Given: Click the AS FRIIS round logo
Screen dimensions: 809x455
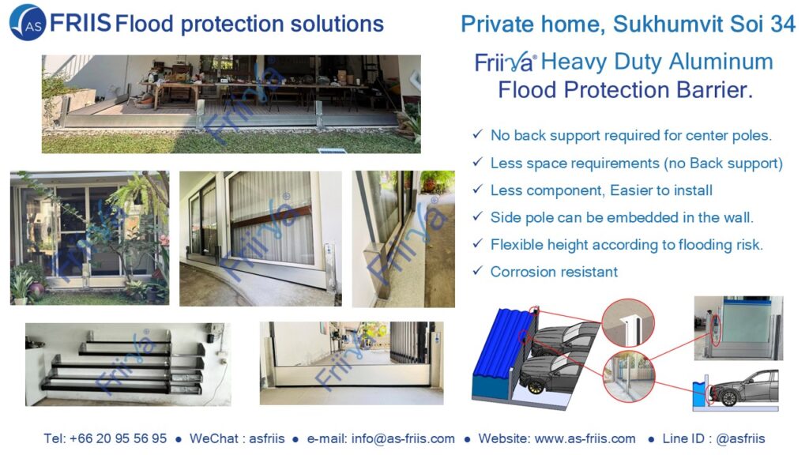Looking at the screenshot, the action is pyautogui.click(x=28, y=22).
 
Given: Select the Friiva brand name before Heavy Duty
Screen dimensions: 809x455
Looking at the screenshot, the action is pyautogui.click(x=505, y=62).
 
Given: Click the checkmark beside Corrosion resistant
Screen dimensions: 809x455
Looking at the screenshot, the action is pyautogui.click(x=478, y=270).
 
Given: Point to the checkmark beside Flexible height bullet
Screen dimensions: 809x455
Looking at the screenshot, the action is pyautogui.click(x=478, y=243).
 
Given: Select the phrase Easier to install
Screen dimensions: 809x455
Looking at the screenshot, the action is pyautogui.click(x=661, y=190).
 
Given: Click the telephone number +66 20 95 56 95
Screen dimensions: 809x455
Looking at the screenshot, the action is pyautogui.click(x=119, y=438).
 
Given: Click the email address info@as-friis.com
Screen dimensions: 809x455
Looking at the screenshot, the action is pyautogui.click(x=403, y=438).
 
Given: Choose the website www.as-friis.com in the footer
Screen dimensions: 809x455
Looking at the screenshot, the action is pyautogui.click(x=585, y=438).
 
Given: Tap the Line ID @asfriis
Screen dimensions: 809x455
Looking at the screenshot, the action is pyautogui.click(x=740, y=438).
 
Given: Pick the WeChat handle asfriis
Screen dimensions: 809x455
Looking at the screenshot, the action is pyautogui.click(x=267, y=438).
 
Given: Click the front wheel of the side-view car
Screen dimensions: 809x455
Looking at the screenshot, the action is pyautogui.click(x=729, y=397).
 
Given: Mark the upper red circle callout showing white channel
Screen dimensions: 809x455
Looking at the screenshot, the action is pyautogui.click(x=627, y=322).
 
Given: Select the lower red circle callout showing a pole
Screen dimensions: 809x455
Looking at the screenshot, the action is pyautogui.click(x=628, y=377).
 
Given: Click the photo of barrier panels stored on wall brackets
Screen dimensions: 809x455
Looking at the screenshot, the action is pyautogui.click(x=128, y=364).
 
